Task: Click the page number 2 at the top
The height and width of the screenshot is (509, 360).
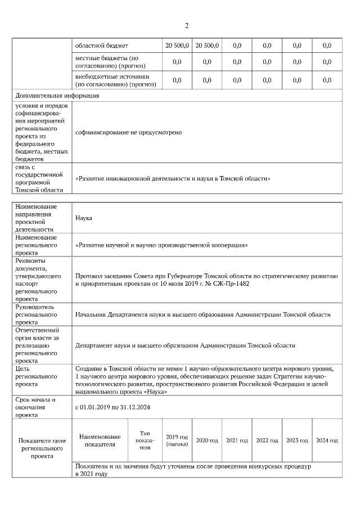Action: coord(186,25)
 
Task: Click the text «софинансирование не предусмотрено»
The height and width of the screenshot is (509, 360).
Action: coord(128,132)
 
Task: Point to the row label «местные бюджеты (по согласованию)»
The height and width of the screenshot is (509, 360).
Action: coord(102,62)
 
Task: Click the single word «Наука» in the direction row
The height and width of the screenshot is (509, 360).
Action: coord(84,218)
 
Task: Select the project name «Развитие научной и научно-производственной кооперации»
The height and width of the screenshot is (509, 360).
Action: coord(161,245)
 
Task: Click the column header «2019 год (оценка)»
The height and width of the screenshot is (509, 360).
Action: coord(177,440)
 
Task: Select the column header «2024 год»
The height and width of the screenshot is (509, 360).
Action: coord(327,440)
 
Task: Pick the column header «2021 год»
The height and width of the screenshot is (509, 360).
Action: coord(237,440)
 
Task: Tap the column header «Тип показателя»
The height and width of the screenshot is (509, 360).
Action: coord(145,440)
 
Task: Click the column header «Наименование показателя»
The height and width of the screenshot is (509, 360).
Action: coord(100,440)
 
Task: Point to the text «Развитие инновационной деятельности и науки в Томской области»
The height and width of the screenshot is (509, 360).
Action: coord(173,179)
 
